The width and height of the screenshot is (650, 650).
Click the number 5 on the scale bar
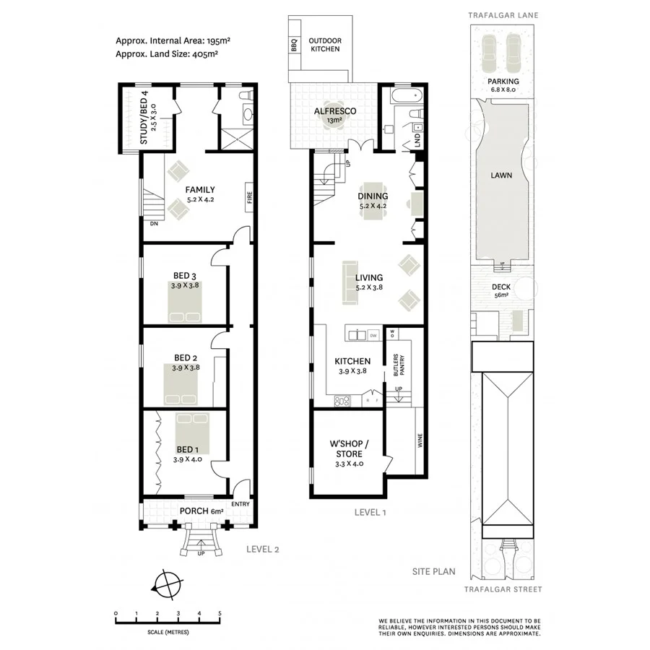(220, 613)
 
